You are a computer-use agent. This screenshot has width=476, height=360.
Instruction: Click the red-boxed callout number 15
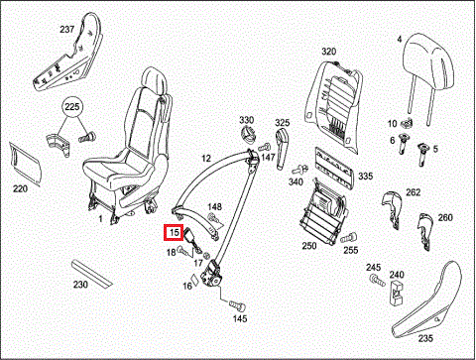point(174,232)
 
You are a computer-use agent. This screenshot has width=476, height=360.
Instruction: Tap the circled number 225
point(72,106)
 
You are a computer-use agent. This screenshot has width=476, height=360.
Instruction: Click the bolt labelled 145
point(238,305)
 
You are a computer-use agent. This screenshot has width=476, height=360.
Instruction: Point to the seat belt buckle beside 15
point(192,240)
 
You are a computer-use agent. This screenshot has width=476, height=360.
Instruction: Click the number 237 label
point(66,29)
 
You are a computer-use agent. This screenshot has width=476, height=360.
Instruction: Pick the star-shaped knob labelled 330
point(248,135)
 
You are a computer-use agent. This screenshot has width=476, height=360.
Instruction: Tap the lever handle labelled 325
point(282,148)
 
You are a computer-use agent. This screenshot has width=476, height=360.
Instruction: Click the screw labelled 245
point(377,280)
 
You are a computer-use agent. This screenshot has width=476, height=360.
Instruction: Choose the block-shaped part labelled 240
point(397,292)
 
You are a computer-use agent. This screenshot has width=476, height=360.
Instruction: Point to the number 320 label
point(328,52)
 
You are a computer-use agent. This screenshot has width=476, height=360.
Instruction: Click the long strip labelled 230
point(92,274)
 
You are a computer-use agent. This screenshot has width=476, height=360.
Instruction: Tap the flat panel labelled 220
point(26,164)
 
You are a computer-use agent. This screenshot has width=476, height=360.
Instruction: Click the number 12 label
point(206,159)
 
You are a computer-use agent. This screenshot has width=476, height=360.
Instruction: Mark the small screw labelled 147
point(264,147)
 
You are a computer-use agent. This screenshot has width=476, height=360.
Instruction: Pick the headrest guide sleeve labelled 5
point(423,154)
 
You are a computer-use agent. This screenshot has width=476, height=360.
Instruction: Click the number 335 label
point(366,177)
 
